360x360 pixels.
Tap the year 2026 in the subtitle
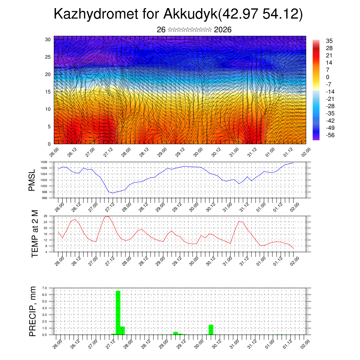[223, 30]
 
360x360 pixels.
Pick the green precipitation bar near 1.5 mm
[211, 329]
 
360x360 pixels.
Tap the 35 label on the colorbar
[329, 41]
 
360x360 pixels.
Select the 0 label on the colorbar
[328, 77]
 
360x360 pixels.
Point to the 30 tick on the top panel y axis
[48, 39]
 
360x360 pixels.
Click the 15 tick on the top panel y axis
[48, 92]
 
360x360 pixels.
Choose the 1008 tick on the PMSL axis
[44, 162]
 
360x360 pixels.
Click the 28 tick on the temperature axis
[45, 216]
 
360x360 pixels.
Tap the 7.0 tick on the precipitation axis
[44, 288]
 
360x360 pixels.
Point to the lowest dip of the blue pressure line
[112, 193]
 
